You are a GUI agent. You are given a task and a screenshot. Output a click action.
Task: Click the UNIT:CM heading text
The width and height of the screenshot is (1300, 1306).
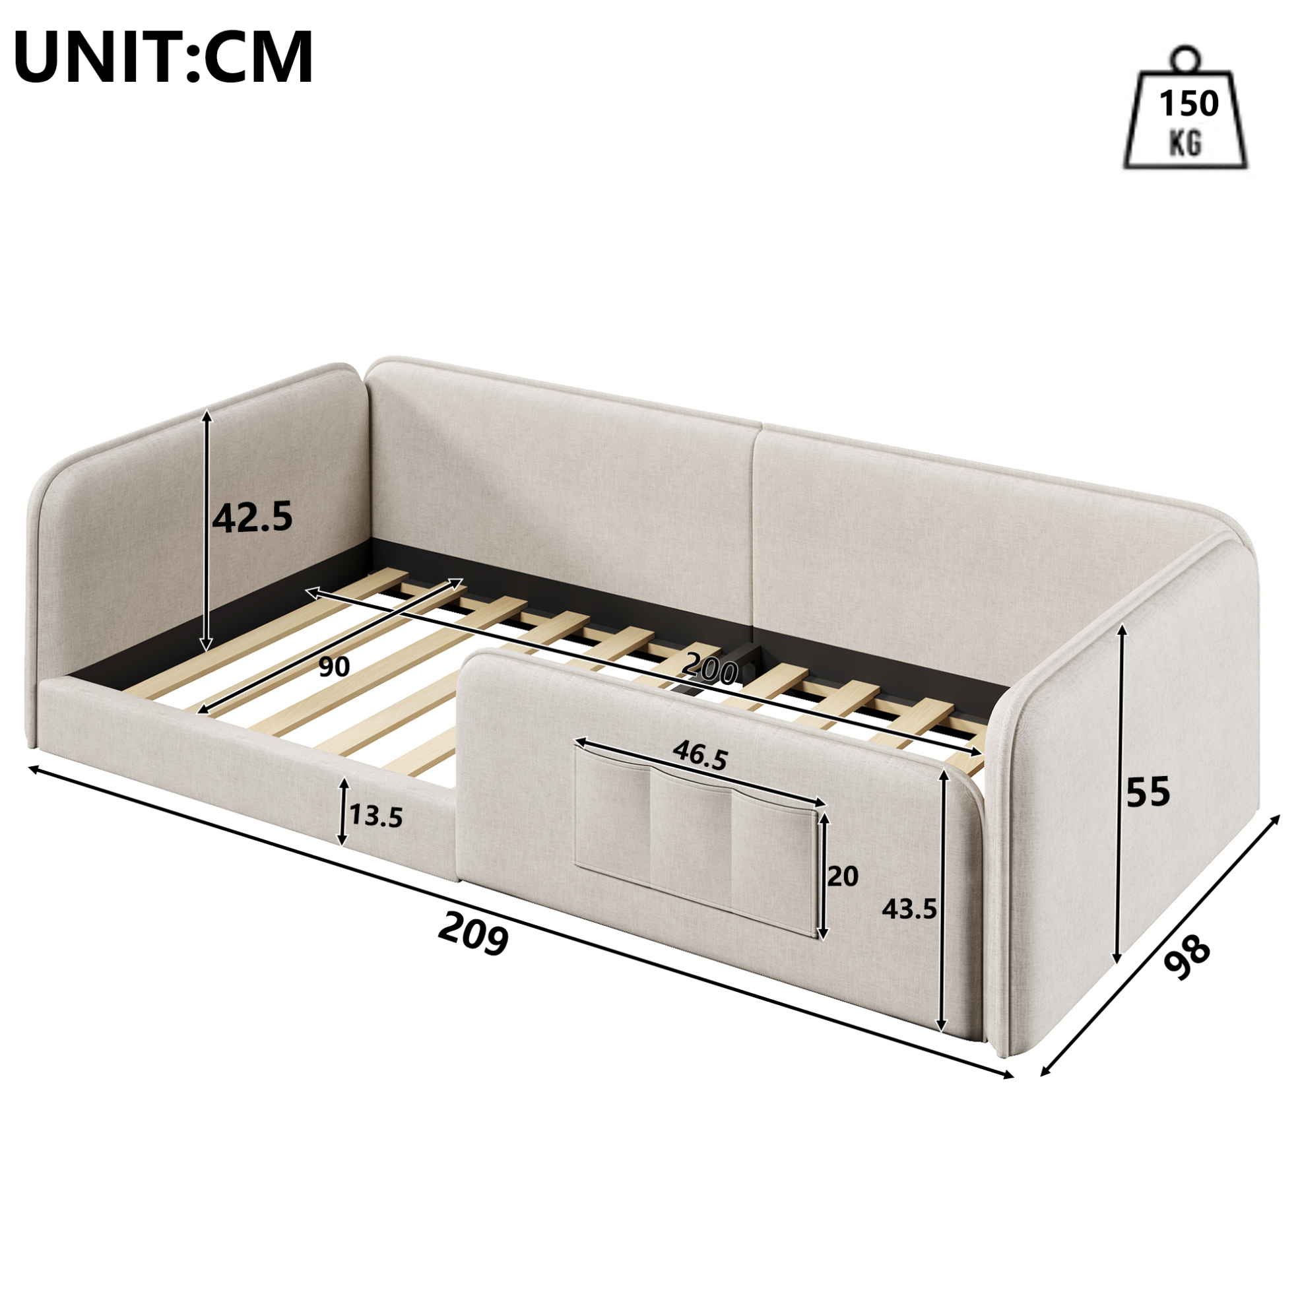pos(163,58)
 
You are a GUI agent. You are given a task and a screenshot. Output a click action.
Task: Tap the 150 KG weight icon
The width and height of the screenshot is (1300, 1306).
pos(1186,108)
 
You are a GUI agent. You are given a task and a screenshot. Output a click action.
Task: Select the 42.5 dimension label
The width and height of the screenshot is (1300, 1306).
pos(252,517)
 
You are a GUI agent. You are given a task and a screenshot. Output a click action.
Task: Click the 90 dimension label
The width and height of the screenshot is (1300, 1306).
pos(334,667)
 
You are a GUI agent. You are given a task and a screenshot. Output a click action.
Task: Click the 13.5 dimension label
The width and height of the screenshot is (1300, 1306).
pos(376,817)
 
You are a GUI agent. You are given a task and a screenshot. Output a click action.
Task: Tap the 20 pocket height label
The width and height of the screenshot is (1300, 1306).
pos(843,877)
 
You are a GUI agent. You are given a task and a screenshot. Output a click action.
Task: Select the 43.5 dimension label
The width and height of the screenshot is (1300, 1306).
pos(909,910)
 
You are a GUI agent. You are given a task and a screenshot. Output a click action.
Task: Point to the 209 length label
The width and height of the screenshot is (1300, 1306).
pos(473,934)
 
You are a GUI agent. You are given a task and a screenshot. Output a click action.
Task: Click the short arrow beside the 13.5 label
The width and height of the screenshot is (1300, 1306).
pos(343,811)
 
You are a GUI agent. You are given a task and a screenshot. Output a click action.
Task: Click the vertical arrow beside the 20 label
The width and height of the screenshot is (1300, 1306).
pos(823,876)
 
